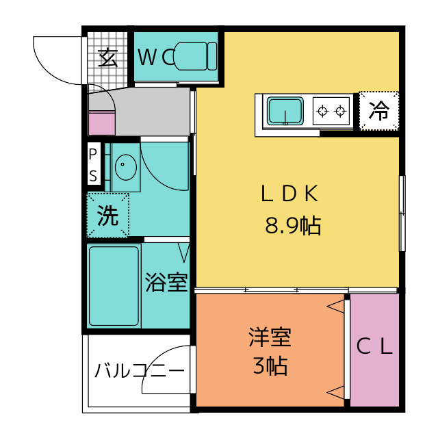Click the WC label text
157,57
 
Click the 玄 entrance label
108,57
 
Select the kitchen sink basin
285,111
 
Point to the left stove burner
322,111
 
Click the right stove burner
340,111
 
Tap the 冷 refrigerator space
379,111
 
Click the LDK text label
289,193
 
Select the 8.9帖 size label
293,225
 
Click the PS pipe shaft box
94,164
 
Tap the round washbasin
126,167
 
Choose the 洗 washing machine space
108,216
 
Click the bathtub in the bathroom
114,286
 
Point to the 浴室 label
166,283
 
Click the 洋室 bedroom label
270,337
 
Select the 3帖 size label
270,365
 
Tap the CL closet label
374,346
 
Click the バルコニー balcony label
140,371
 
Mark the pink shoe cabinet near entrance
102,123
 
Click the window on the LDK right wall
402,213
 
